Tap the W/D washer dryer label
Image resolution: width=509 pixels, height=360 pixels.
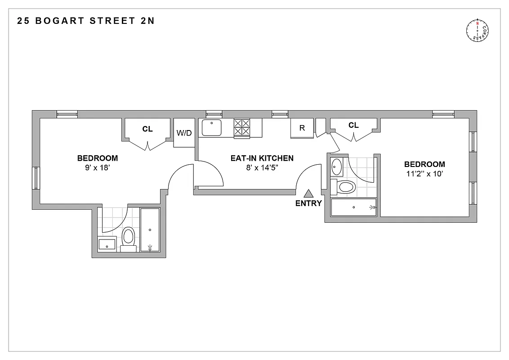click(183, 133)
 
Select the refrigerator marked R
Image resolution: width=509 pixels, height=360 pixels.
click(302, 128)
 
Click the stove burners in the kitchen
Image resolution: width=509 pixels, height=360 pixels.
click(242, 127)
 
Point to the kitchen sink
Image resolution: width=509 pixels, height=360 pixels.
click(211, 127)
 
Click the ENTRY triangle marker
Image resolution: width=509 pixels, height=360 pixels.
click(308, 193)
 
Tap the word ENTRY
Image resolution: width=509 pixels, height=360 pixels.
click(308, 203)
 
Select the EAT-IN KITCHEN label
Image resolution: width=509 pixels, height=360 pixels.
click(262, 158)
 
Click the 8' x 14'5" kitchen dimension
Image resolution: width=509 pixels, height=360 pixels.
click(262, 167)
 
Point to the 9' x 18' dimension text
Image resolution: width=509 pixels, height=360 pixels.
click(98, 167)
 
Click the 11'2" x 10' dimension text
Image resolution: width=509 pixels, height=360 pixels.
click(424, 173)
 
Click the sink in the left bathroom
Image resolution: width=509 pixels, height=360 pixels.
click(108, 244)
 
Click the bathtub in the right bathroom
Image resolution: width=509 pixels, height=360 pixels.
click(354, 207)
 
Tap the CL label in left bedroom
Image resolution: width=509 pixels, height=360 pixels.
click(147, 129)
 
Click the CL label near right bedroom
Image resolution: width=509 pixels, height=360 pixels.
click(353, 125)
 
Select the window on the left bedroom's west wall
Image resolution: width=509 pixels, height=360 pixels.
click(36, 178)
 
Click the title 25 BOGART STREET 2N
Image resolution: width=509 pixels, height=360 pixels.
click(86, 21)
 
